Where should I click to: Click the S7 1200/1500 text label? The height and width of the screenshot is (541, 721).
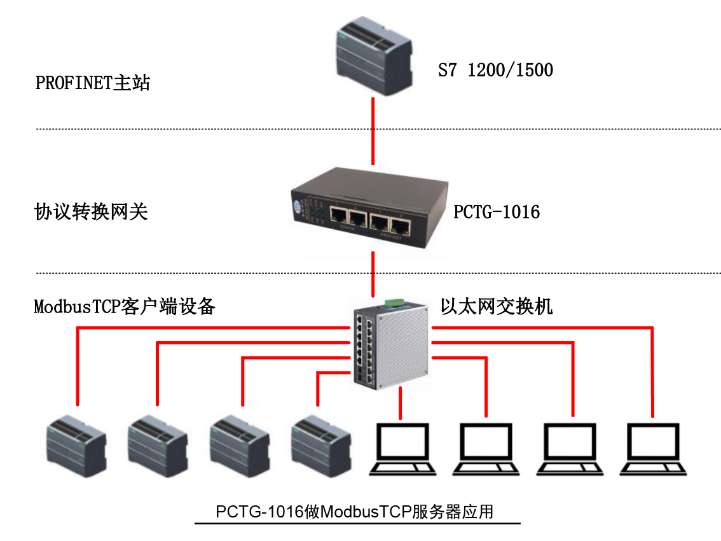495,69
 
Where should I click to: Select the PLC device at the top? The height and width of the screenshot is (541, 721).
374,57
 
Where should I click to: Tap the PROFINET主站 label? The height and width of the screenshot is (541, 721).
93,83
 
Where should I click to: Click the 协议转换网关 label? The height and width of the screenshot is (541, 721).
91,211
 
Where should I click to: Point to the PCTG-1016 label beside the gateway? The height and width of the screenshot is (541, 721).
497,211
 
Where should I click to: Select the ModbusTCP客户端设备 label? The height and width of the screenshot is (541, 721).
125,307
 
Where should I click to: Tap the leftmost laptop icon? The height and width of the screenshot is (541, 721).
403,449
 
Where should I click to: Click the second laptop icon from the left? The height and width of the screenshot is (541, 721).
487,449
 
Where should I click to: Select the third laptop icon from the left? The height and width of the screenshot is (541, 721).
570,449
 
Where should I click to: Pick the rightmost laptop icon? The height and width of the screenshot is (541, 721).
654,449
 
